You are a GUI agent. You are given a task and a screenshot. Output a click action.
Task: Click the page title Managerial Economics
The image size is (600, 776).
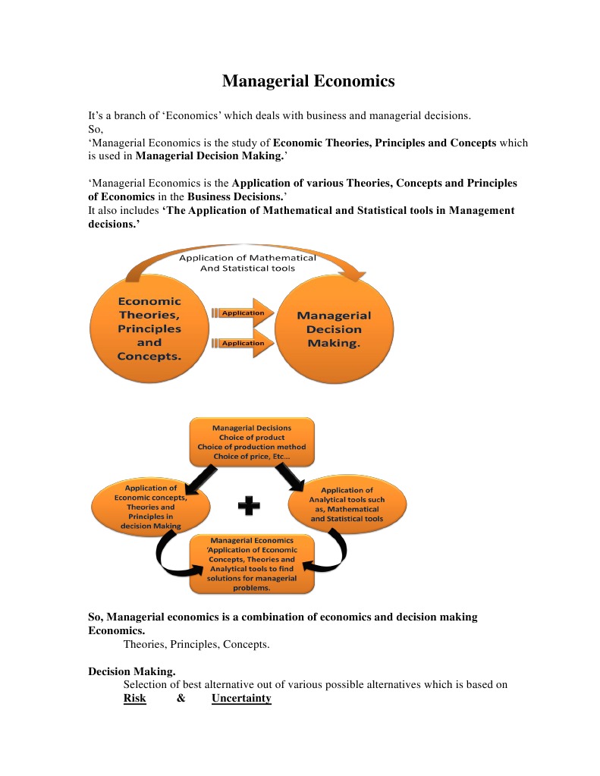308,81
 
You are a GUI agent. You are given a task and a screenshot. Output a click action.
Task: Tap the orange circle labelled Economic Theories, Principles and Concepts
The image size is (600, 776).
149,329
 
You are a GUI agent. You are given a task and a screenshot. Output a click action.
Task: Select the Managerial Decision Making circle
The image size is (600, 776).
334,329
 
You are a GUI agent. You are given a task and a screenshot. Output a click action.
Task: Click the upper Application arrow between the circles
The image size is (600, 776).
242,313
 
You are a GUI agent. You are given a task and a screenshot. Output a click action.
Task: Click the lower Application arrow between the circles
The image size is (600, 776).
242,343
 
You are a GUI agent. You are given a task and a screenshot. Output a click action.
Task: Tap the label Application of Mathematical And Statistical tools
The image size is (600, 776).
247,262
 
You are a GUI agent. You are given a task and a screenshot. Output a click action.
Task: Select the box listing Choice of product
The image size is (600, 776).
251,442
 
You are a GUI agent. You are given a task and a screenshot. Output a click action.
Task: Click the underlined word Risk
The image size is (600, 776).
134,698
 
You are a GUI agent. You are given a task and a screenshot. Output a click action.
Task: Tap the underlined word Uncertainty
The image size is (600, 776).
241,698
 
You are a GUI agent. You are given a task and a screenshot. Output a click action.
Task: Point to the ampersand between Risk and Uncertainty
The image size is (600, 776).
181,698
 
